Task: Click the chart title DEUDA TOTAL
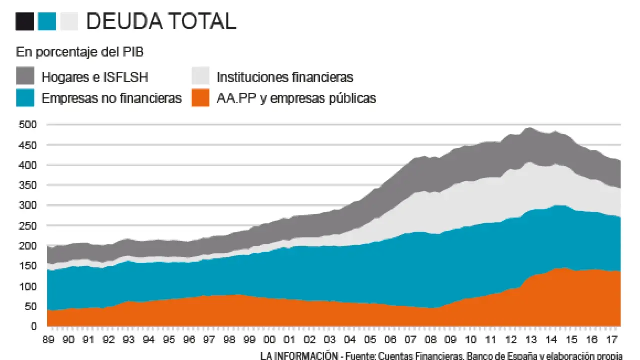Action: pos(161,21)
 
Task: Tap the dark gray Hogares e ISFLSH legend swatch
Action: pos(25,76)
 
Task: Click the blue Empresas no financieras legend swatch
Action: pos(25,98)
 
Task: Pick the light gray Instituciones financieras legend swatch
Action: pos(200,76)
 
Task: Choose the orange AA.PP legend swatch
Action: pos(200,98)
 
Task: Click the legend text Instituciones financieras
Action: pos(285,77)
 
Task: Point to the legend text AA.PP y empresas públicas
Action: pos(296,98)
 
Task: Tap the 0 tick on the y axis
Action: pos(34,326)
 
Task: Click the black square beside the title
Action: pos(25,21)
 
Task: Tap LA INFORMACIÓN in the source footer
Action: pos(298,356)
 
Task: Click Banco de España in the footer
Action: pos(515,356)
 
